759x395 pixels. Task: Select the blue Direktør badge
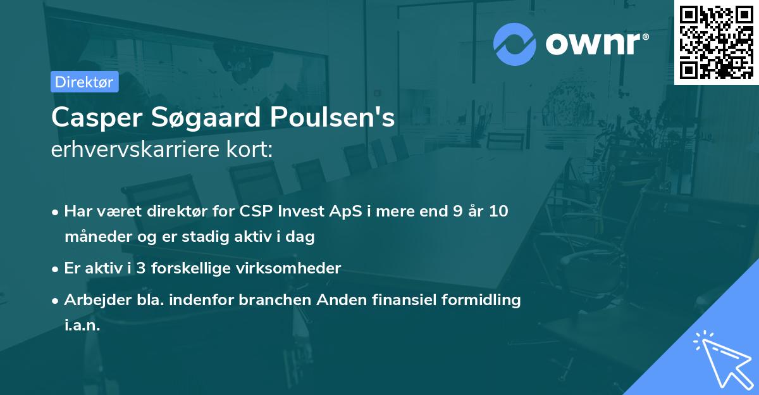tap(84, 82)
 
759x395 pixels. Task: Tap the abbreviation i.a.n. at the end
tap(82, 325)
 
